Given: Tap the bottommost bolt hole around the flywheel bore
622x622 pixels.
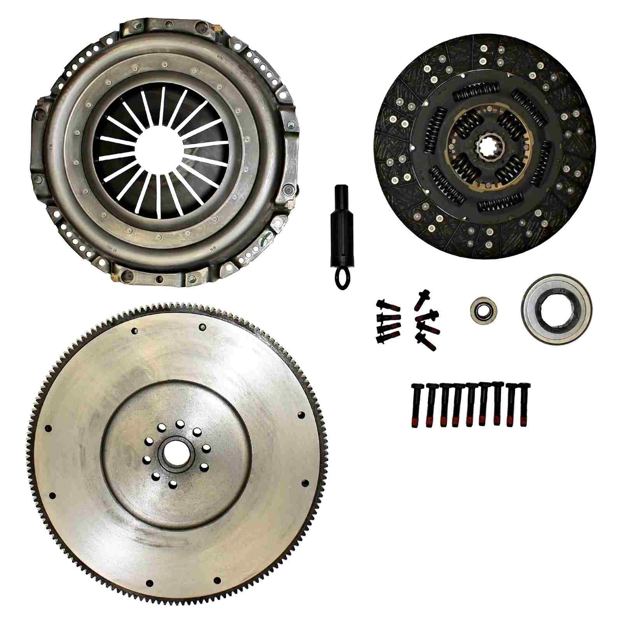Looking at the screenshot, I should pos(174,484).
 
